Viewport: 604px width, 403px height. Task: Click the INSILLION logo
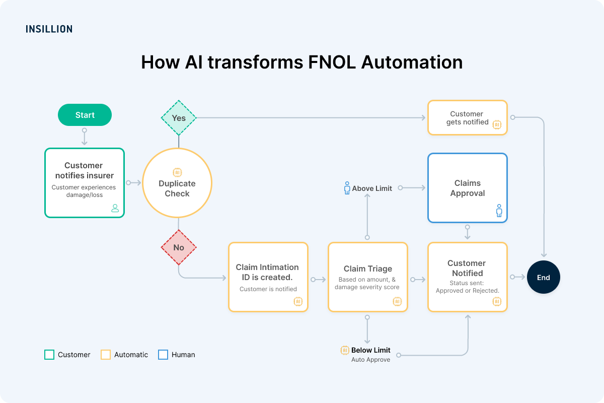point(49,29)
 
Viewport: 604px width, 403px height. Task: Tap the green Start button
point(85,115)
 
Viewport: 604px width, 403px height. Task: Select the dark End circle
point(543,277)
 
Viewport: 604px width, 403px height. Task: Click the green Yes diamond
point(179,118)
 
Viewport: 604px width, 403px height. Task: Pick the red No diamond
point(179,247)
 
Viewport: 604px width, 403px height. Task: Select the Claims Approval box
point(467,188)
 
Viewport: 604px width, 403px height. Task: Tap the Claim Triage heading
point(367,269)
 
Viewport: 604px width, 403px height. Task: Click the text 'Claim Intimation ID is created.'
point(267,272)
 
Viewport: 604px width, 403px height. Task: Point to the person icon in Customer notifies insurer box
point(115,208)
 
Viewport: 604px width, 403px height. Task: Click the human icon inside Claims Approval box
point(499,211)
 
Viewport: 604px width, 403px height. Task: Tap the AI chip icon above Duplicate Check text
point(177,172)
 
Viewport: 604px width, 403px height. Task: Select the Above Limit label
point(372,188)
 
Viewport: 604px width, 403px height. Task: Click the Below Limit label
point(370,350)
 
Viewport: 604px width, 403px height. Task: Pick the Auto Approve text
point(370,360)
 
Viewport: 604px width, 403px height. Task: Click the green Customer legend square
point(49,355)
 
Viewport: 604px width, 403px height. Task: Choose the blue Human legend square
point(163,355)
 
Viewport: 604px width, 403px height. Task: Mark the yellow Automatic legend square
point(106,355)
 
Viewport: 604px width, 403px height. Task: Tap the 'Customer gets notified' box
point(467,118)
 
